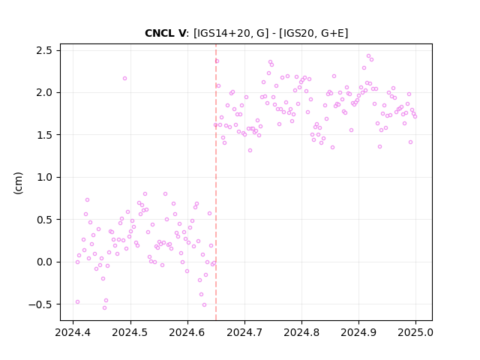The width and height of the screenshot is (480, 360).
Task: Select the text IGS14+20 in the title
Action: click(x=225, y=33)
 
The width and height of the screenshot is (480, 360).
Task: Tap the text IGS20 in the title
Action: click(x=298, y=33)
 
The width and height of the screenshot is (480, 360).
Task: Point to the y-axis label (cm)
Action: click(x=18, y=183)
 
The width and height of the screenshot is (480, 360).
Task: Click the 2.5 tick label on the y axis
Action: click(x=44, y=50)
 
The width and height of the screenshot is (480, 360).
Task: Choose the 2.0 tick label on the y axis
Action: click(x=44, y=92)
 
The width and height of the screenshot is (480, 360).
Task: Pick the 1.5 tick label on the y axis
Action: click(x=44, y=135)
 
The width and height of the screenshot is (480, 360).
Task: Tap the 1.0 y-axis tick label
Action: click(x=44, y=177)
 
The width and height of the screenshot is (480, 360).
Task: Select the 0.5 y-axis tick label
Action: click(x=44, y=220)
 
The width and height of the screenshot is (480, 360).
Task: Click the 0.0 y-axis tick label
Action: click(x=44, y=262)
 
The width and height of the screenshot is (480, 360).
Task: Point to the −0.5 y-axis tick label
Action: click(x=40, y=304)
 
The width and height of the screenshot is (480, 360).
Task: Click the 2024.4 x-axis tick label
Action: click(x=73, y=332)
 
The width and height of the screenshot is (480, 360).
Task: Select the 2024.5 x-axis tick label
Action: click(x=130, y=332)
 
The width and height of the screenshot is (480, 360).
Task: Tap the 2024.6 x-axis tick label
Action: click(x=187, y=332)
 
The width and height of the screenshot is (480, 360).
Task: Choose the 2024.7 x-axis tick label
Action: click(x=244, y=332)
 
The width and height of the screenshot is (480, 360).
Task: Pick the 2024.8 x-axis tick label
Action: click(x=301, y=332)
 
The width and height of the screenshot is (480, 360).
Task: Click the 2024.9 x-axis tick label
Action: click(x=358, y=332)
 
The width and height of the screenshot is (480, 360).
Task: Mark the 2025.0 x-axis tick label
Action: click(x=415, y=332)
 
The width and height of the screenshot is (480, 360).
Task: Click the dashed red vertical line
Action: click(x=216, y=182)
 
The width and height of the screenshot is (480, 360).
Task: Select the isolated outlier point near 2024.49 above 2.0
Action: click(x=124, y=78)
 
